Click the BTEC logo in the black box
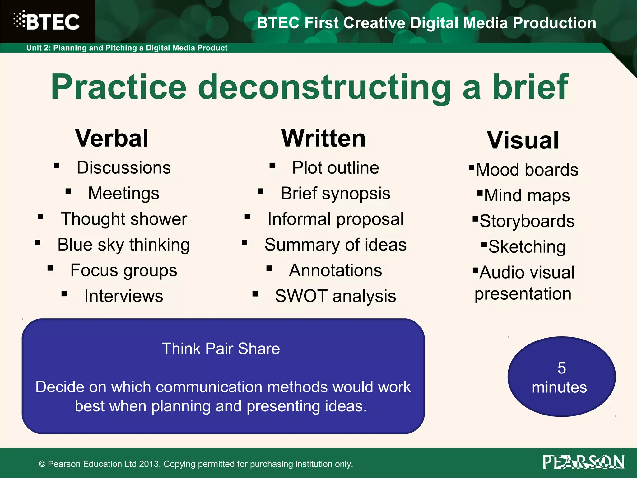coord(47,21)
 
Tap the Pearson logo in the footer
coord(584,462)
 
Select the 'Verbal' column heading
coord(112,138)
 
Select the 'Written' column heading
coord(323,138)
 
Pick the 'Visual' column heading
coord(523,140)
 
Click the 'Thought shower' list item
coord(124,219)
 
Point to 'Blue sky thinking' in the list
coord(124,245)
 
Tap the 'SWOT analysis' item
coord(335,296)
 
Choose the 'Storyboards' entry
coord(527,221)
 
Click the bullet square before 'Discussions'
coord(57,166)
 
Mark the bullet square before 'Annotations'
coord(269,268)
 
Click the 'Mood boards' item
coord(527,170)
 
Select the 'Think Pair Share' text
coord(221,349)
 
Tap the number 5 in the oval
coord(561,368)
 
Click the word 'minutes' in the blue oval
coord(559,387)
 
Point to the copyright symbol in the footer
coord(42,464)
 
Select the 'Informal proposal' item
coord(335,219)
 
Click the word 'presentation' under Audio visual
coord(523,294)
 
